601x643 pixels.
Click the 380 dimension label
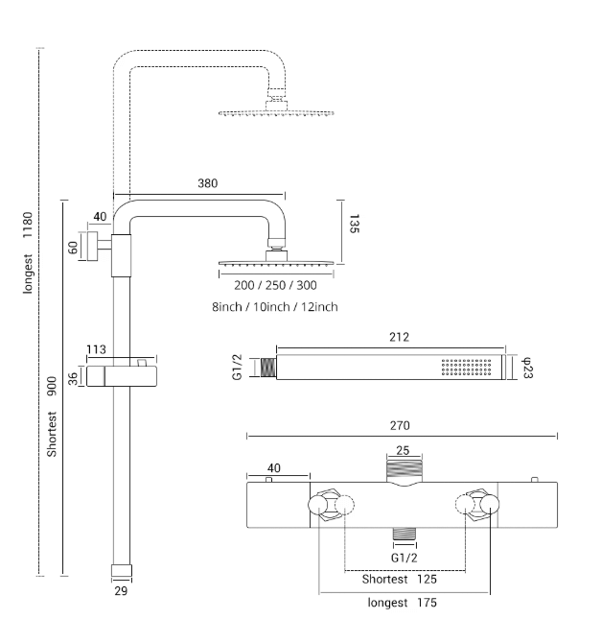pyautogui.click(x=207, y=183)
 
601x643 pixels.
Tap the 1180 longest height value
pyautogui.click(x=28, y=225)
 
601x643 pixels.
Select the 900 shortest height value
pyautogui.click(x=52, y=387)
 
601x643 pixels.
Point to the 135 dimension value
pyautogui.click(x=354, y=224)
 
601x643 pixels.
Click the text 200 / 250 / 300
pyautogui.click(x=275, y=285)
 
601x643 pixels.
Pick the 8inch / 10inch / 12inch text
pyautogui.click(x=275, y=307)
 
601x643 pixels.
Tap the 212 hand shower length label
pyautogui.click(x=399, y=337)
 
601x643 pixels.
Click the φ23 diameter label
pyautogui.click(x=527, y=368)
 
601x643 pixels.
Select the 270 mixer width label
pyautogui.click(x=400, y=426)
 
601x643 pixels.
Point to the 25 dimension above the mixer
pyautogui.click(x=403, y=450)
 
